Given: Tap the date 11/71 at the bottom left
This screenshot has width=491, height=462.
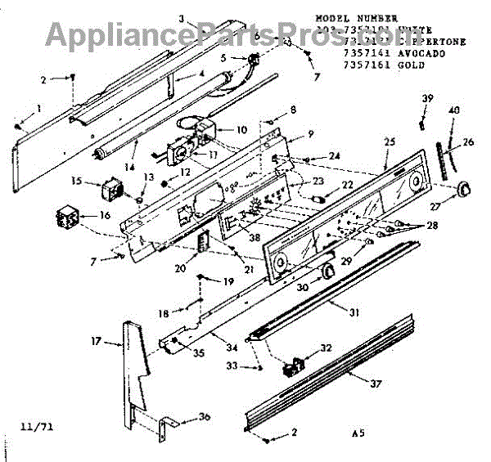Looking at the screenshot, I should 30,425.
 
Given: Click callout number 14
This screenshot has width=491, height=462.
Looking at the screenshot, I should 128,168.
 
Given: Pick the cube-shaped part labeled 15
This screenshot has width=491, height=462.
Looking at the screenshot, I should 110,190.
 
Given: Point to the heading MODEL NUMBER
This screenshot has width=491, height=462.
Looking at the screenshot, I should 356,17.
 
